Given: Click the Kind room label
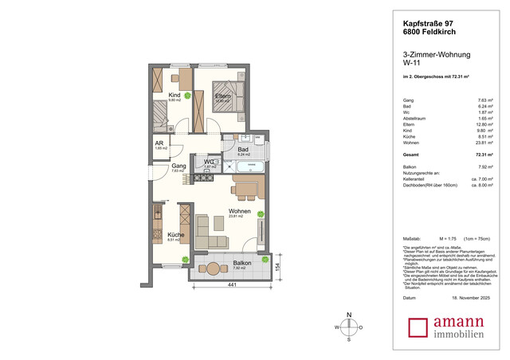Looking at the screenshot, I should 174,96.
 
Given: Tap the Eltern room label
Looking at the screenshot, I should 222,96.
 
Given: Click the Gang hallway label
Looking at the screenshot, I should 178,166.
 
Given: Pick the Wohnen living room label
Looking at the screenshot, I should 240,211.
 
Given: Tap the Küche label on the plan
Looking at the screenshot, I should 176,235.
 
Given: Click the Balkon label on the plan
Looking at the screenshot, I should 242,263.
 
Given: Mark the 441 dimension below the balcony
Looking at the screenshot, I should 231,284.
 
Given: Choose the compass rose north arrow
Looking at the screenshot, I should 349,327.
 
